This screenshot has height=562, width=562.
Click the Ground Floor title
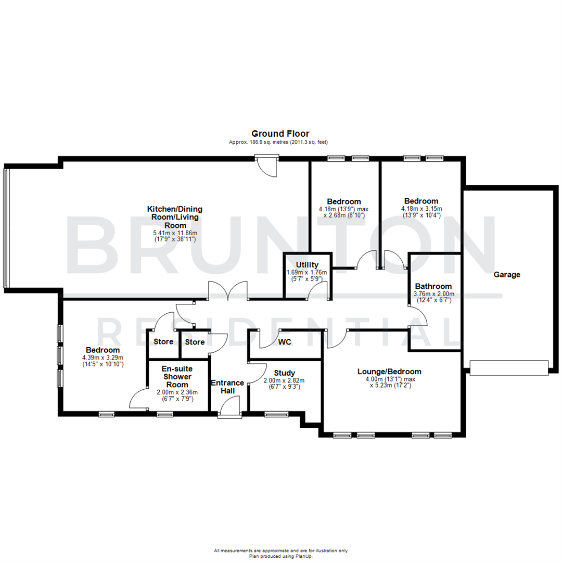[x=280, y=134]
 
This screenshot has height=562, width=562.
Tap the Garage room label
[x=506, y=275]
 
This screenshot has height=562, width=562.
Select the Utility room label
[x=307, y=265]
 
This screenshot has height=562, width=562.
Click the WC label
[x=284, y=342]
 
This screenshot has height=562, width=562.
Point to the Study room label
[x=284, y=373]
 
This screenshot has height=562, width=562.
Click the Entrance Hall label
[x=227, y=387]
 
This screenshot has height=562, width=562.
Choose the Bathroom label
[x=433, y=286]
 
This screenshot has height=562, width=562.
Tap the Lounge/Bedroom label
[x=389, y=372]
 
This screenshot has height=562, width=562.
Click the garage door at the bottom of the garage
[x=509, y=367]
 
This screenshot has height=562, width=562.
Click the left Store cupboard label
[x=163, y=342]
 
